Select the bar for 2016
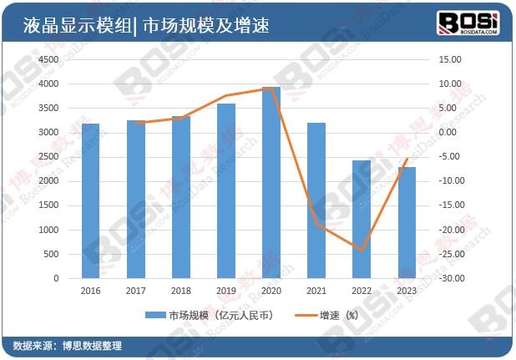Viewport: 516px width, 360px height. (91, 200)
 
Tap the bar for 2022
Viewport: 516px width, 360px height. (362, 219)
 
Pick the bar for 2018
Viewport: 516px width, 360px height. (181, 196)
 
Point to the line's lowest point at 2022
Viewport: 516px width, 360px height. (362, 250)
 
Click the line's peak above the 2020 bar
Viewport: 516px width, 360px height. (271, 89)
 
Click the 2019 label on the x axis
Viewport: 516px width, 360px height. (226, 291)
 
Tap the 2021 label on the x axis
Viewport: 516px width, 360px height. (316, 291)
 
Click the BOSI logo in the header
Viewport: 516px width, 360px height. (469, 23)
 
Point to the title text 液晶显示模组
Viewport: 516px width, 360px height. (72, 25)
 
